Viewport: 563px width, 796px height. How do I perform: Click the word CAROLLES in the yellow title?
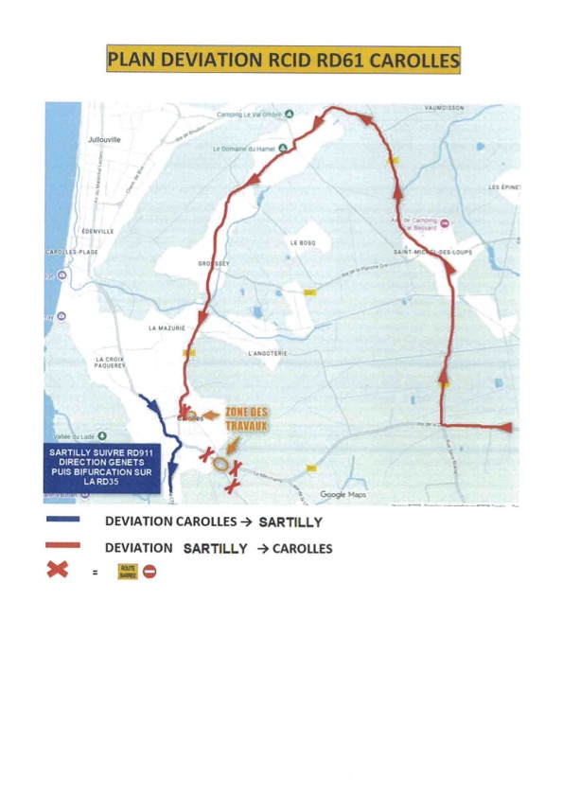(413, 61)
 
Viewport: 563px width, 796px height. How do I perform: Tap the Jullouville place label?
(103, 139)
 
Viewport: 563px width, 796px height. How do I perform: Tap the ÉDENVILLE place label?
(98, 231)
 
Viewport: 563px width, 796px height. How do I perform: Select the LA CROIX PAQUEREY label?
(111, 363)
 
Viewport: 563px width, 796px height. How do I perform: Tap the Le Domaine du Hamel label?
(243, 149)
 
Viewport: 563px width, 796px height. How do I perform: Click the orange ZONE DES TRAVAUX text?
(247, 419)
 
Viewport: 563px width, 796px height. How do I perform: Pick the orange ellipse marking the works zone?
(220, 464)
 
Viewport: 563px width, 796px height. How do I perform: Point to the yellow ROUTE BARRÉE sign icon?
(127, 572)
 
